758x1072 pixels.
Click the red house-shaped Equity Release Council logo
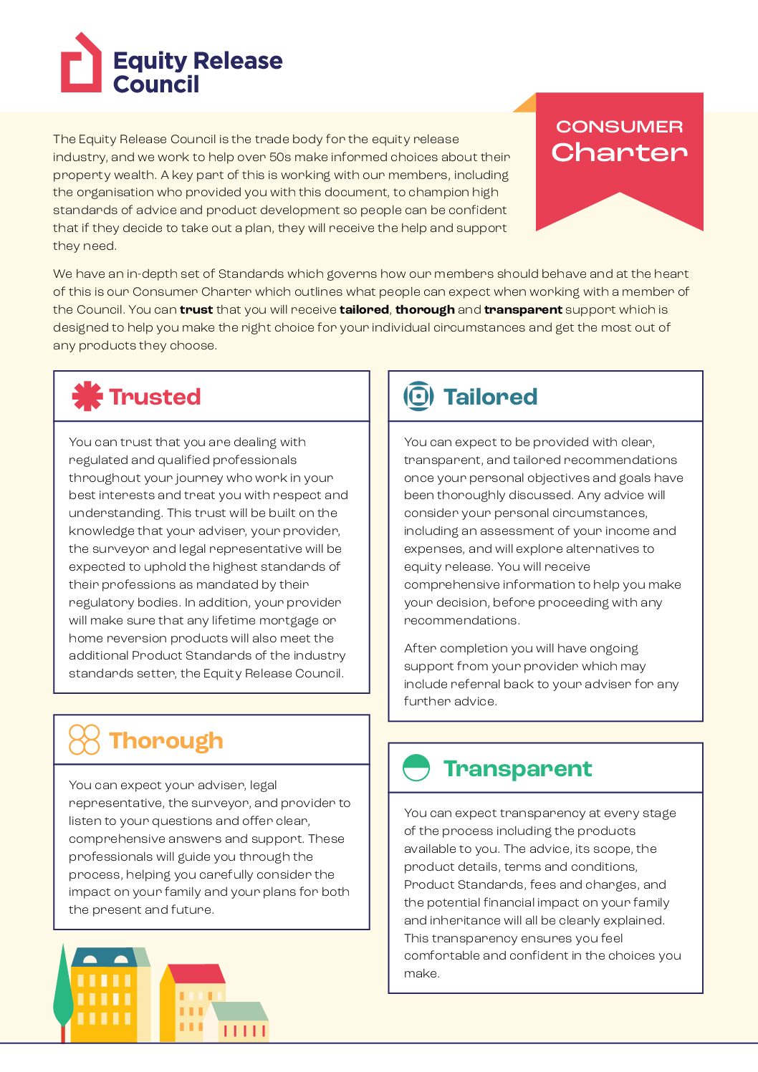[80, 64]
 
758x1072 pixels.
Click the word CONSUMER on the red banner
[619, 127]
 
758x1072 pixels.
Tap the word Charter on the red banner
[619, 152]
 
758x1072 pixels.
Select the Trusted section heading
[155, 397]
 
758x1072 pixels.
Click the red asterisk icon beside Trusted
[87, 396]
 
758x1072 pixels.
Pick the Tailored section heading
[490, 397]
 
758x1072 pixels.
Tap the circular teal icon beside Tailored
[418, 396]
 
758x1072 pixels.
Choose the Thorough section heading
[166, 740]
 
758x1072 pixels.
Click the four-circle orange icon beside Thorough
[84, 740]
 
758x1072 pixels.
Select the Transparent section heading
[517, 768]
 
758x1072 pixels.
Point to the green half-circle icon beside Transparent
[416, 768]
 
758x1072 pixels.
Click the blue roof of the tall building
[106, 958]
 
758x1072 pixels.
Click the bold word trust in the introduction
[196, 309]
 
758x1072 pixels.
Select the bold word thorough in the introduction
[425, 309]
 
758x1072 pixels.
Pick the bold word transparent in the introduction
[523, 309]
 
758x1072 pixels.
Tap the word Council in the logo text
[156, 84]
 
